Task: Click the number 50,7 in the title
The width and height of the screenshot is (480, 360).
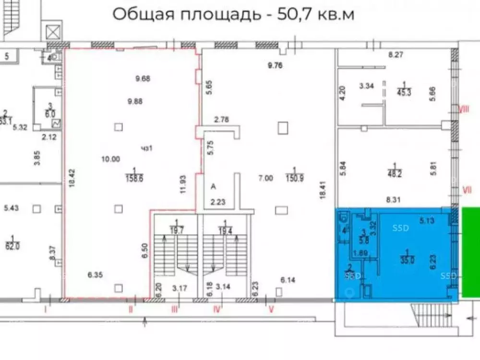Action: coord(294,14)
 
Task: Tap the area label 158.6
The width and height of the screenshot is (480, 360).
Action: coord(134,178)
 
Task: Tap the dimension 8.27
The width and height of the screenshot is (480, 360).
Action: coord(395,55)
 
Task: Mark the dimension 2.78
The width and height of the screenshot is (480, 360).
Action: coord(221,120)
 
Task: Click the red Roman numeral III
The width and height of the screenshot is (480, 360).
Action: coord(175,310)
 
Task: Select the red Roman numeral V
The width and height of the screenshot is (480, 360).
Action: coord(271,310)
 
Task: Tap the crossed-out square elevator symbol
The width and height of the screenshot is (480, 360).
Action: coord(51,32)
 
